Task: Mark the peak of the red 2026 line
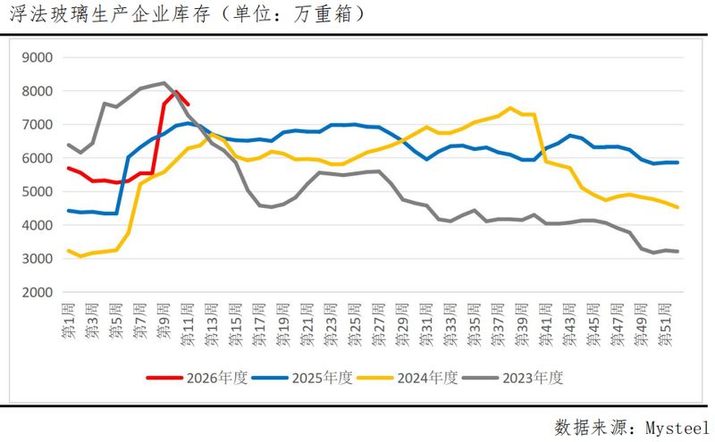[176, 91]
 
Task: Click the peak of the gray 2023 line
[164, 83]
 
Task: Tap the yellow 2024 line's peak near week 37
[509, 108]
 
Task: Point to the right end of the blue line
[677, 162]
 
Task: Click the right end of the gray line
[677, 251]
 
